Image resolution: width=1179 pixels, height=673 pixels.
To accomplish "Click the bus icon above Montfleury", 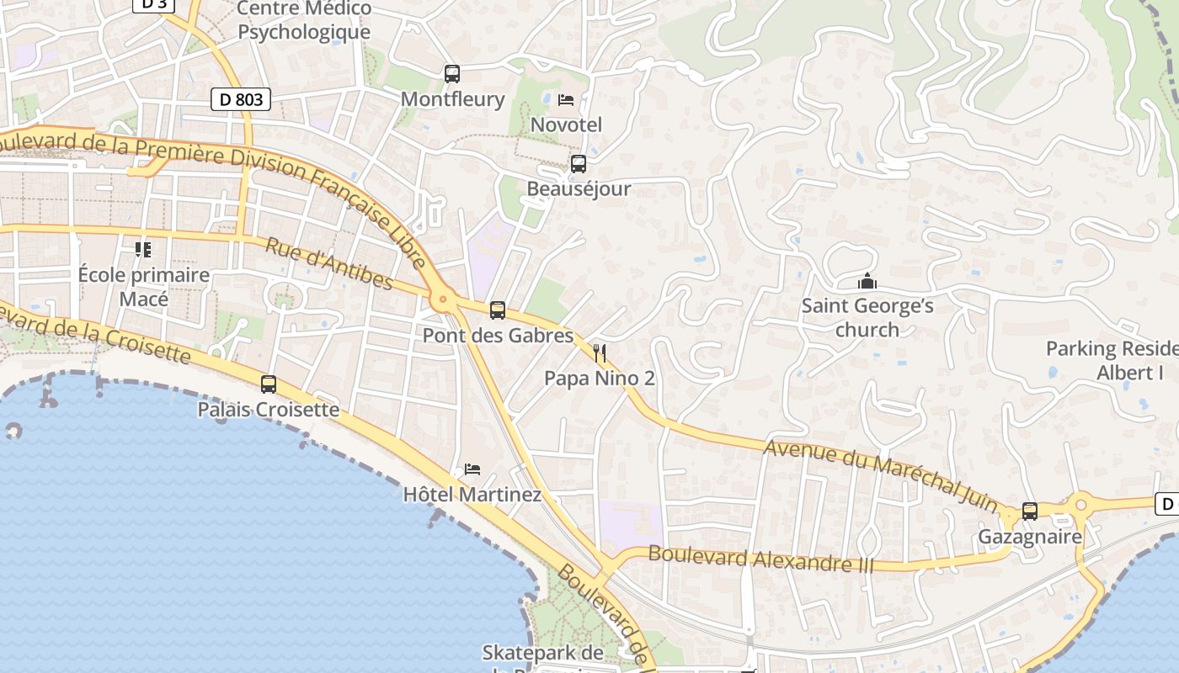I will (x=452, y=74).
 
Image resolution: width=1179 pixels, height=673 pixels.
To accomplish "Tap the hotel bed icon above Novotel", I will (x=566, y=100).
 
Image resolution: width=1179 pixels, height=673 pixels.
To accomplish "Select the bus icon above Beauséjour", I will (x=579, y=164).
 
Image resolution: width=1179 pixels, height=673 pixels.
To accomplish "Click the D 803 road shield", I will (x=241, y=99).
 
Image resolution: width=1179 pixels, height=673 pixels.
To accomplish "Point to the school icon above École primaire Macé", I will (x=143, y=250).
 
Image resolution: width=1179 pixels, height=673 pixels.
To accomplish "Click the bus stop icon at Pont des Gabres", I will (x=498, y=310).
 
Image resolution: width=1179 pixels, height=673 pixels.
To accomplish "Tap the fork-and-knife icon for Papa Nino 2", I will (x=600, y=352).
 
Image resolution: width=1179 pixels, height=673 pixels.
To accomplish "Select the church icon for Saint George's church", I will (x=867, y=281).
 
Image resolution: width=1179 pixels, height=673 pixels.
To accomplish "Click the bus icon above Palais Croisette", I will (x=269, y=384).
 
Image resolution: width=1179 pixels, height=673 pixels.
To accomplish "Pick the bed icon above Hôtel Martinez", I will (x=472, y=469).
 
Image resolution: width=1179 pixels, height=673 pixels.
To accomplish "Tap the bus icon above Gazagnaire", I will (x=1030, y=511).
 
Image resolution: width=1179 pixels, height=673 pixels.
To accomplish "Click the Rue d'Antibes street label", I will (x=329, y=263).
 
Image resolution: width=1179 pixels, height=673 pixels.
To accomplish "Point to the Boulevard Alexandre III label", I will (x=761, y=559).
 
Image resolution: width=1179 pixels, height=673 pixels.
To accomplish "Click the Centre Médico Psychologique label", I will (x=304, y=20).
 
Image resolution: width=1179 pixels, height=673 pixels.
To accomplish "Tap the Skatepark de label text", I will (x=542, y=653).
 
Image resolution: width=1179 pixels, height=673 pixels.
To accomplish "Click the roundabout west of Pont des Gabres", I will (x=442, y=299).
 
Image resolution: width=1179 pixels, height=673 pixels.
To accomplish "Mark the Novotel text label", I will (x=566, y=125).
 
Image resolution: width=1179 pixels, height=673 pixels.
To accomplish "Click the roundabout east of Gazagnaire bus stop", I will (x=1081, y=506).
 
